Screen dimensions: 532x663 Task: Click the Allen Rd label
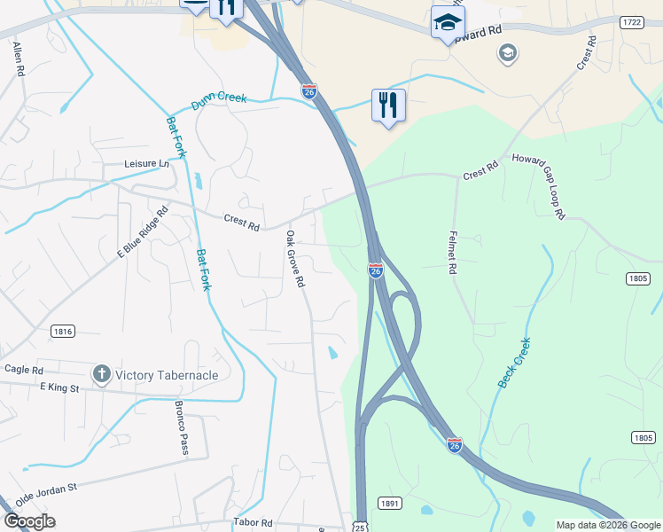click(x=17, y=59)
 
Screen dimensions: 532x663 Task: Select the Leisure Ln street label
click(x=146, y=164)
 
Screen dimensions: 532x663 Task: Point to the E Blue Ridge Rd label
click(x=143, y=233)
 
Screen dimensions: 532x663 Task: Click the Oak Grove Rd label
click(x=295, y=259)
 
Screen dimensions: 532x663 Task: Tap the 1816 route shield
click(x=62, y=331)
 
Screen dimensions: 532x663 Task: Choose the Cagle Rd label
click(x=24, y=370)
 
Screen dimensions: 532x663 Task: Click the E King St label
click(x=59, y=387)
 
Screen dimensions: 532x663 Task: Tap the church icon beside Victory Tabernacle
click(x=102, y=375)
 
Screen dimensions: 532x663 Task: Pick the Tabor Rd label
click(x=253, y=523)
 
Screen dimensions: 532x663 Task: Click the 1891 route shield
click(x=390, y=503)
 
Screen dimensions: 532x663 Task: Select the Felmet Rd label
click(x=451, y=251)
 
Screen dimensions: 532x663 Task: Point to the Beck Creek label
click(x=514, y=363)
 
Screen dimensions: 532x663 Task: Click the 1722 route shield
click(x=631, y=21)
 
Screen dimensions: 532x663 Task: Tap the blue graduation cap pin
click(x=448, y=21)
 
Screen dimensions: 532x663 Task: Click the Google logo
click(x=29, y=521)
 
